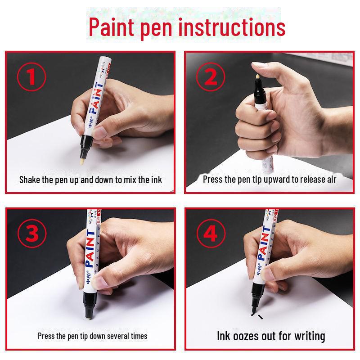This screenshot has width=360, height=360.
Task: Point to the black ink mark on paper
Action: point(257,316)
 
